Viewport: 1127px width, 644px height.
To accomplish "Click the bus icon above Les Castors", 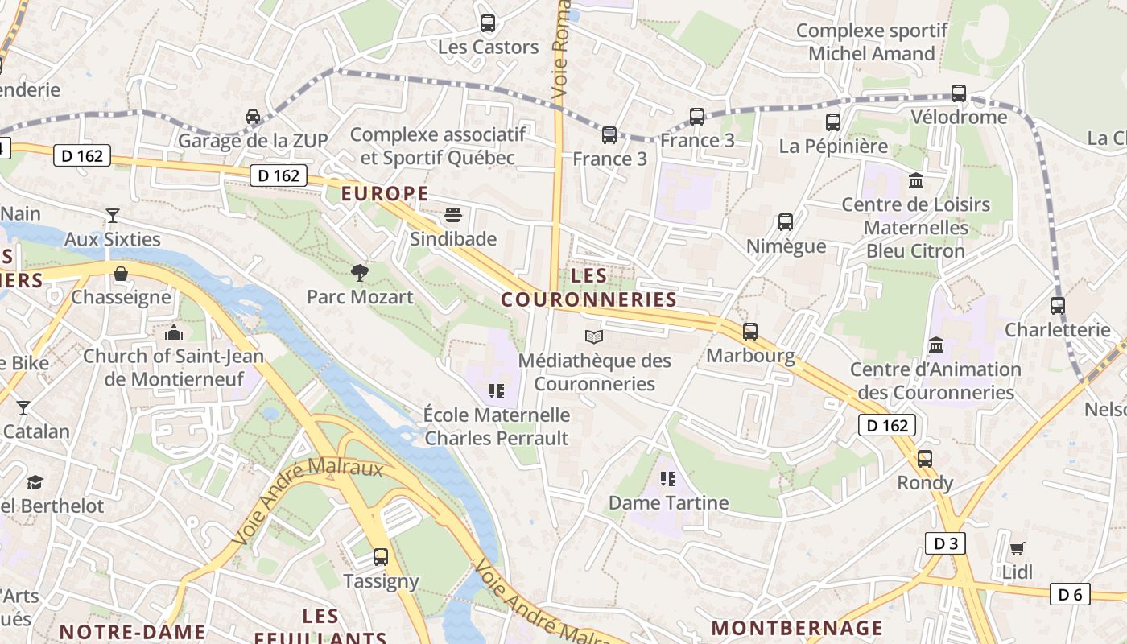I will click(x=487, y=23).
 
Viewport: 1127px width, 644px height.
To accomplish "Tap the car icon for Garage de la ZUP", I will click(x=253, y=117).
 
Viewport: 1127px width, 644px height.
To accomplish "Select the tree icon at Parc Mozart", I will click(x=360, y=273).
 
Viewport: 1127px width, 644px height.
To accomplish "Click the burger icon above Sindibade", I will click(x=453, y=215).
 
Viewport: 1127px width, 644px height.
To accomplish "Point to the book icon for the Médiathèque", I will click(x=594, y=336).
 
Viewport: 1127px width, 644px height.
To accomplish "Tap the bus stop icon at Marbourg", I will click(x=750, y=331).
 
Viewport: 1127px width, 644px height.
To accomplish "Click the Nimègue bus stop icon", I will click(x=786, y=222).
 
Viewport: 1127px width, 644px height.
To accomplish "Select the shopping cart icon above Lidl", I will click(x=1018, y=549).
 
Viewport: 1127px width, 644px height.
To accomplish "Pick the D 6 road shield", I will click(x=1070, y=595).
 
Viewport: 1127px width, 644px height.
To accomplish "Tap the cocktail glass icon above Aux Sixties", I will click(x=113, y=215).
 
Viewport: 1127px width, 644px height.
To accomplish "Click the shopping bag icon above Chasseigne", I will click(x=121, y=274).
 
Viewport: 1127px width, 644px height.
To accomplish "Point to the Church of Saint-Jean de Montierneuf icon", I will click(x=174, y=332).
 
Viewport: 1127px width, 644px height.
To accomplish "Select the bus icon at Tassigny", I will click(x=381, y=557).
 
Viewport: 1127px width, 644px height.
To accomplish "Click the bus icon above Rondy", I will click(x=925, y=459).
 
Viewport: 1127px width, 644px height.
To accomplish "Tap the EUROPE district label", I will click(x=384, y=193).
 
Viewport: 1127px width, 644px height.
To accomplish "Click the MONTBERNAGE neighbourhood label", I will click(x=797, y=627).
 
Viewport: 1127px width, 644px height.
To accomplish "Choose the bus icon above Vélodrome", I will click(x=958, y=93).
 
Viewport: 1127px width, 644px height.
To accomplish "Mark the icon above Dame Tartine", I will click(x=667, y=479).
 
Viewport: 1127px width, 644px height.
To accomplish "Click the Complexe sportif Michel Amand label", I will click(x=872, y=43).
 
